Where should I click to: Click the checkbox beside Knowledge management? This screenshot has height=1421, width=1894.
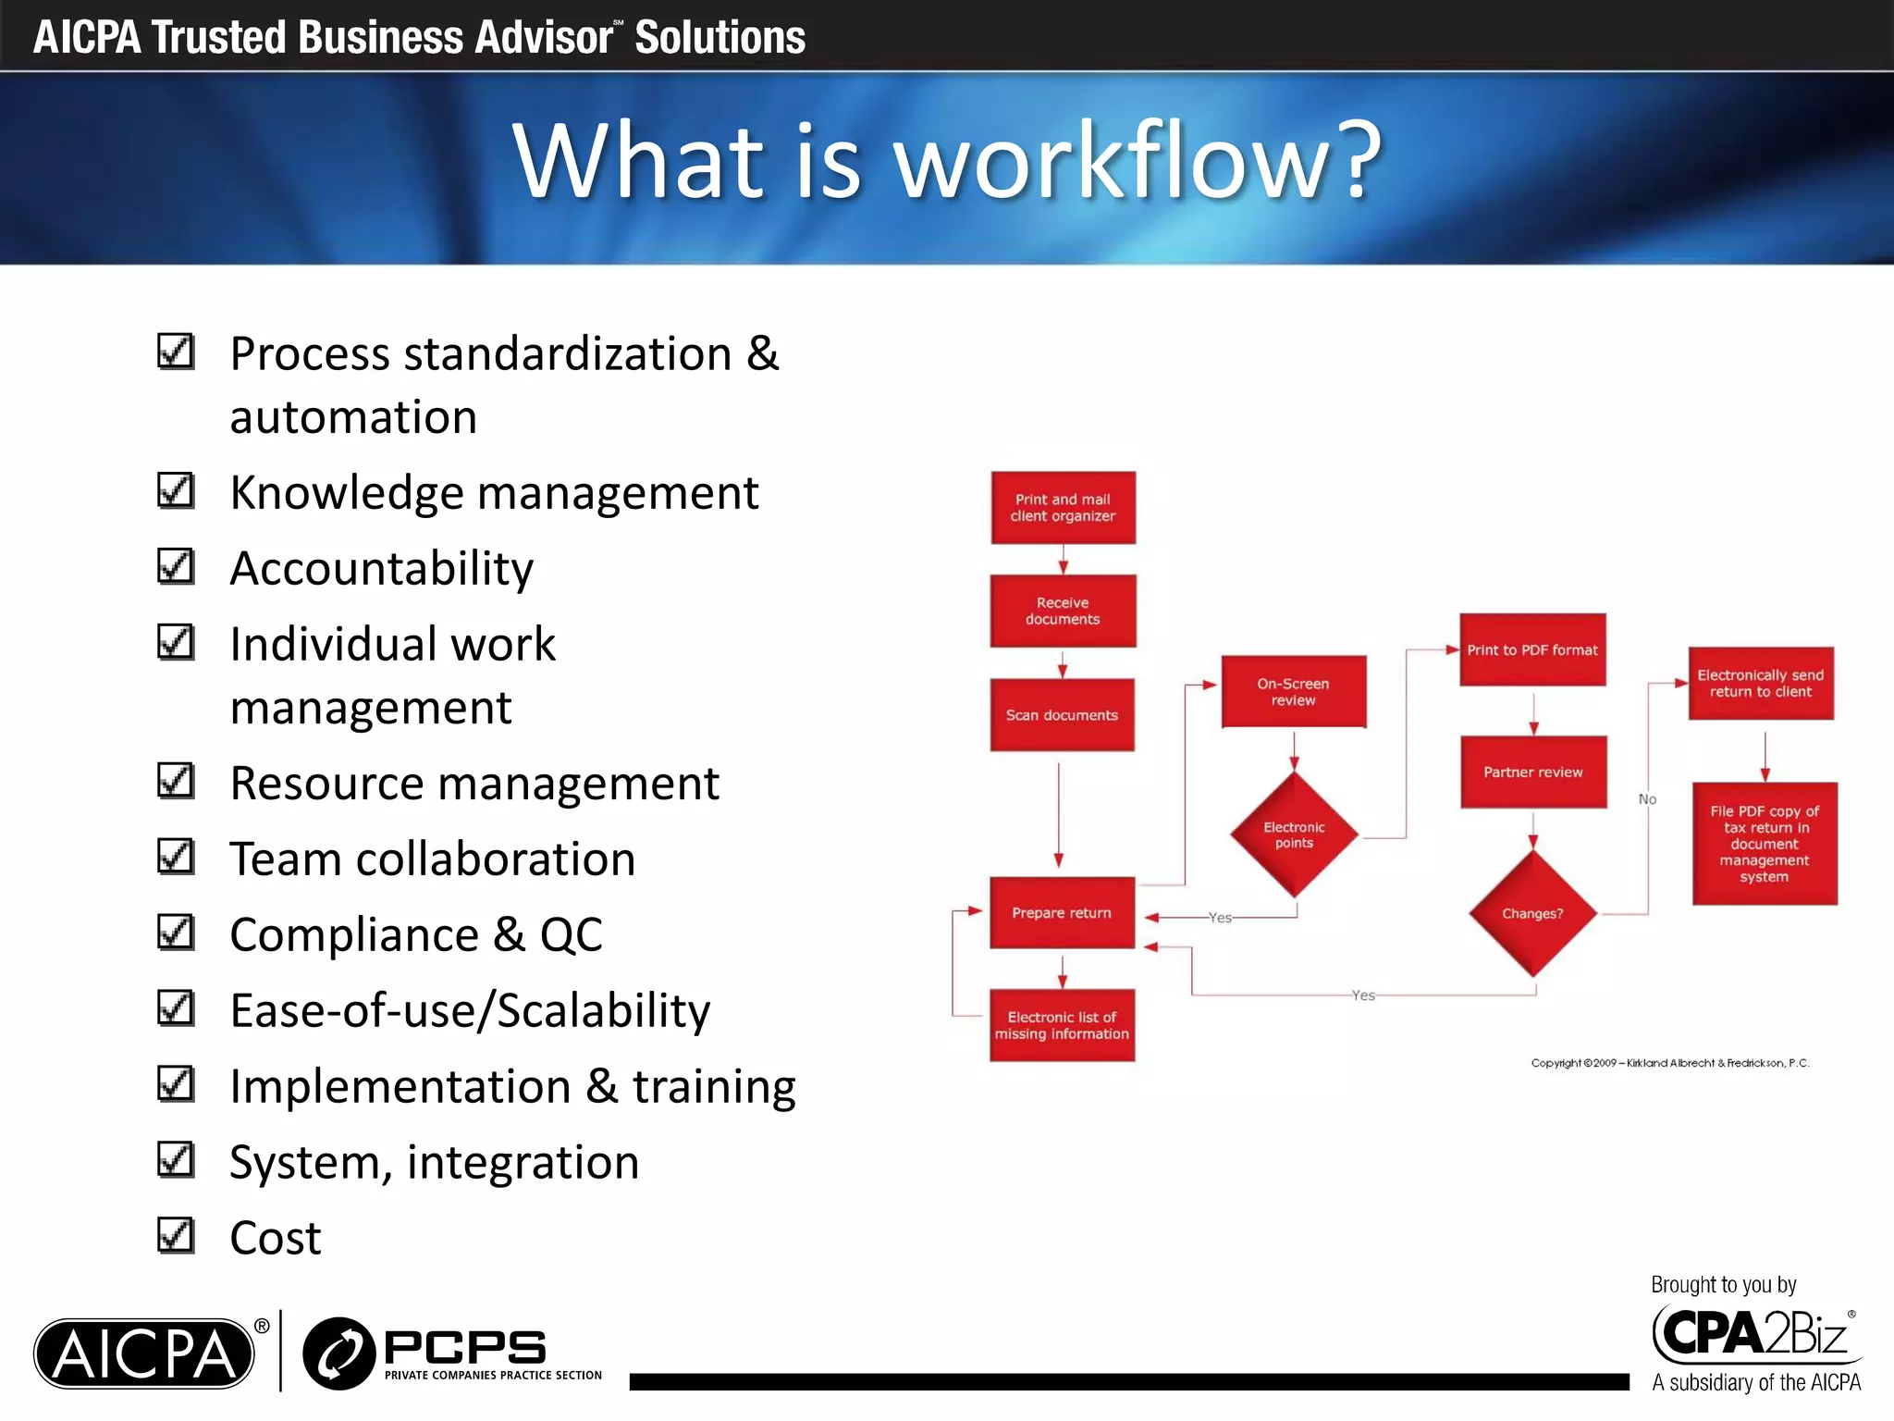(176, 491)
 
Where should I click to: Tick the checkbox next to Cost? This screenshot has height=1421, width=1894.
(176, 1235)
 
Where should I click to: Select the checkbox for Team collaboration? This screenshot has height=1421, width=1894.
(176, 857)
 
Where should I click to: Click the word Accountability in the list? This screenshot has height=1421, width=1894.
(381, 568)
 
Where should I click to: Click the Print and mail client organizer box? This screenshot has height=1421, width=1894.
(1063, 508)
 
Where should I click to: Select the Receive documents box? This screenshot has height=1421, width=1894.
(1063, 611)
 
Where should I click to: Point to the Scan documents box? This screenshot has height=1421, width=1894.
(1062, 715)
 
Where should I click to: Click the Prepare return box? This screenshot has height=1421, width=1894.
(1062, 913)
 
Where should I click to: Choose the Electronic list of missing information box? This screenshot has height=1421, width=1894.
(1062, 1025)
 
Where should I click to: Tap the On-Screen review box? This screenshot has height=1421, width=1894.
(1293, 692)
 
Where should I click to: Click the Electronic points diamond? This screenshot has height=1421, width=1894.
(1294, 834)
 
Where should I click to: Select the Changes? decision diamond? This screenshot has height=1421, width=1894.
(1532, 913)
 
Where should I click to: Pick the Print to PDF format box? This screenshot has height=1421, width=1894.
(1532, 649)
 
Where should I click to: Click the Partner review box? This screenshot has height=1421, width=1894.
(1533, 772)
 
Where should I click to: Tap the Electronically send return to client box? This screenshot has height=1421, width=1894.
(1761, 684)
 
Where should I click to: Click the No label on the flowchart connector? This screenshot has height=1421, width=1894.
(1647, 799)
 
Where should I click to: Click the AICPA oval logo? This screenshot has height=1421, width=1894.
(144, 1353)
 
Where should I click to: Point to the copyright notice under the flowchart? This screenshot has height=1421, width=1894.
(1669, 1063)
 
